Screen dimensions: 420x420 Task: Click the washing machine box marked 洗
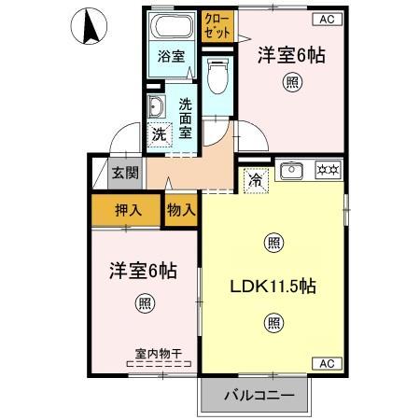160,133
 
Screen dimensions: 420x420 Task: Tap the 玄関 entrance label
124,172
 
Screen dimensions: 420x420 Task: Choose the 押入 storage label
128,209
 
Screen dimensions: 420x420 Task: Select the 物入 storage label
181,209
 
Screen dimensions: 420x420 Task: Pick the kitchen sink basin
291,170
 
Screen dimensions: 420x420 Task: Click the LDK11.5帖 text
273,287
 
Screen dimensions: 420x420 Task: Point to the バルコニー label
259,395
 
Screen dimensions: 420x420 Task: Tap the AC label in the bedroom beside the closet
327,19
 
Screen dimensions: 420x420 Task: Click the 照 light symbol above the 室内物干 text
145,302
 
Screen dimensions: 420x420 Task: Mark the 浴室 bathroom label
171,55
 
